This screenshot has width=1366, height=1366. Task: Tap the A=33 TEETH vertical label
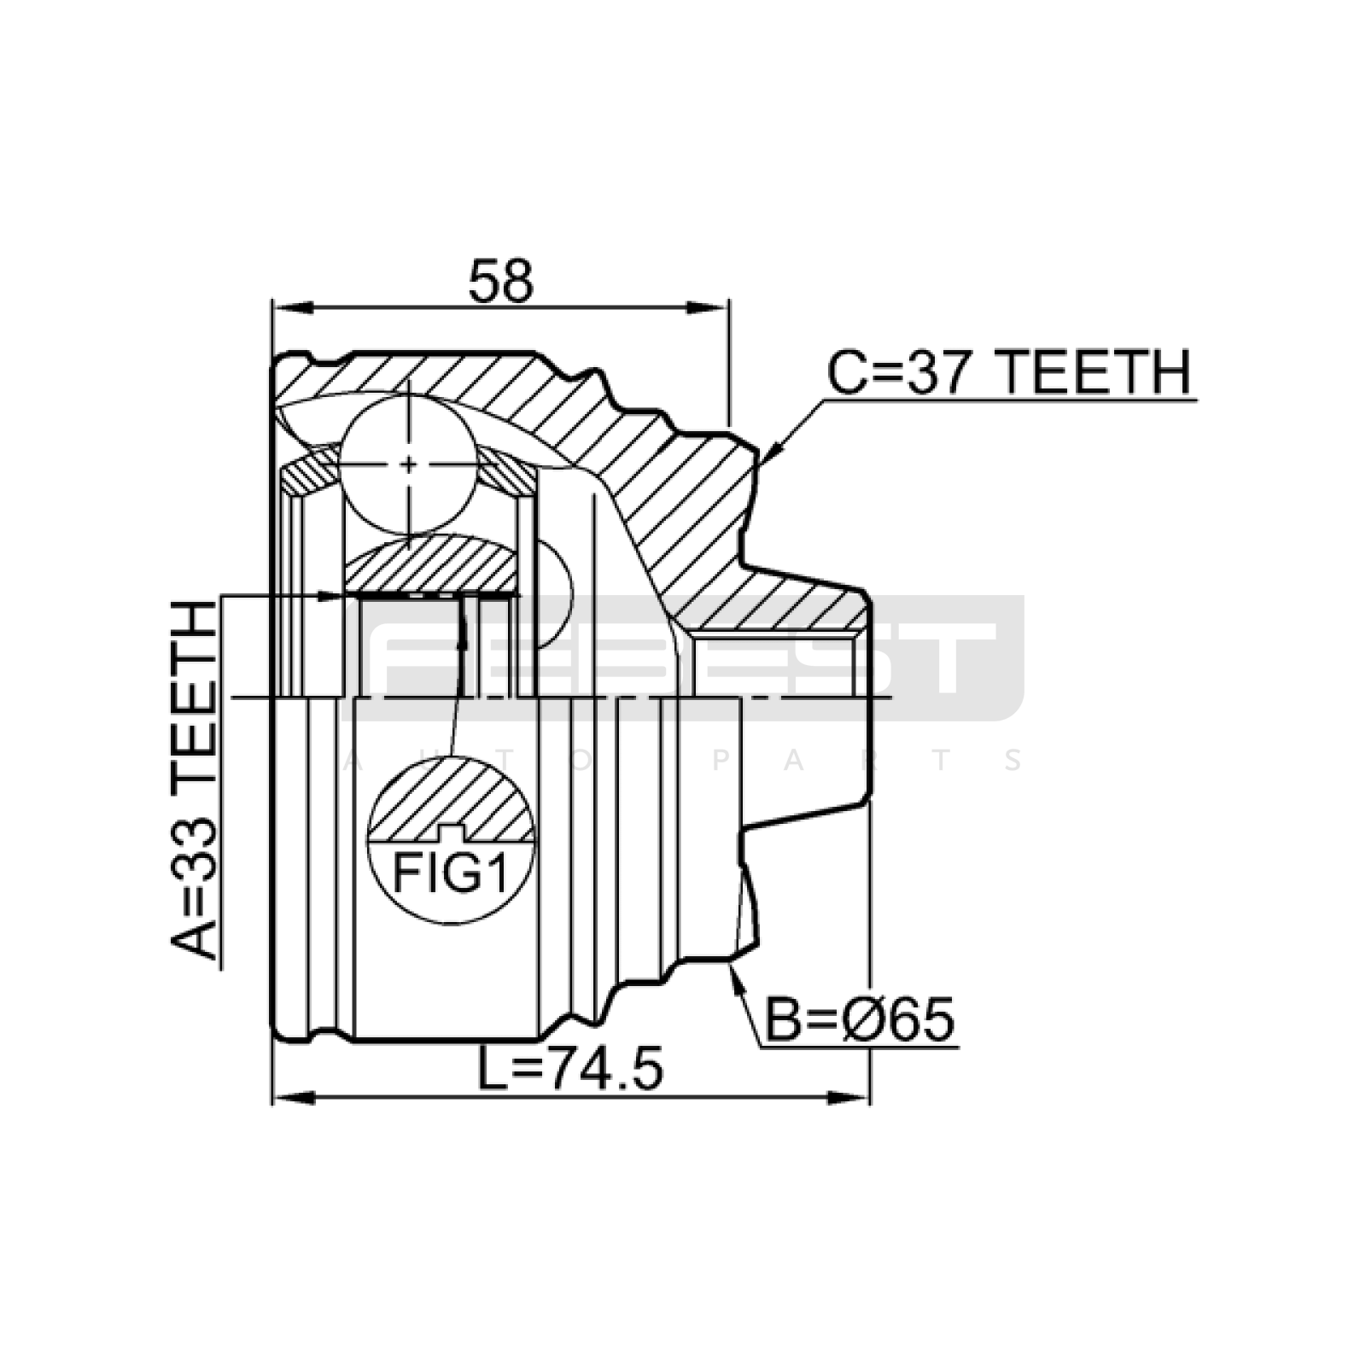195,780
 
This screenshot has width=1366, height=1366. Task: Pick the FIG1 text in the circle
451,873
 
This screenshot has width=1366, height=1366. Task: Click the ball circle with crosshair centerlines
409,464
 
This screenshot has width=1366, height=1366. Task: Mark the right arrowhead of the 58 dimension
709,307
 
